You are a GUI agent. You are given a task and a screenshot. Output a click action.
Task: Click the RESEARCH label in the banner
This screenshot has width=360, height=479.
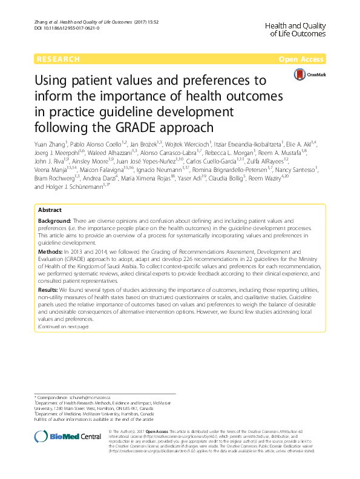click(59, 59)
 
